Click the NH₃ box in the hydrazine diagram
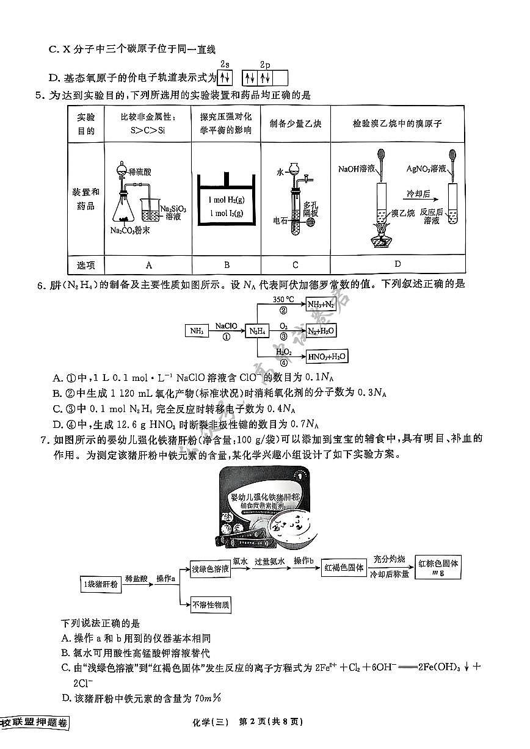197,331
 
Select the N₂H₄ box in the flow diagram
256,331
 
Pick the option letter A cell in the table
148,264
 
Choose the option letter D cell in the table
397,264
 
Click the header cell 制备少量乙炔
296,123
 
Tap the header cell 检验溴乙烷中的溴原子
397,123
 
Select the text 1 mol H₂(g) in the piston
226,200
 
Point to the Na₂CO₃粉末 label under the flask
131,230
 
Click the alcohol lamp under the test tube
380,235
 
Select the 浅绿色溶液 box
210,568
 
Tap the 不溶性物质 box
211,605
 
